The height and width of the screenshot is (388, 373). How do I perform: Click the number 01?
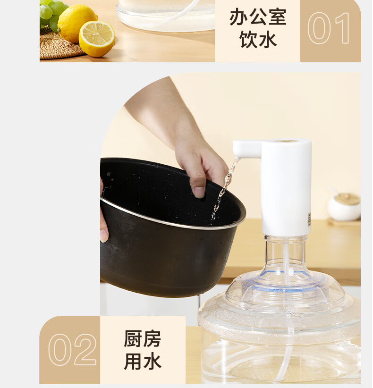coord(329,28)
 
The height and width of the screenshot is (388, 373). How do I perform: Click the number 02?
coord(72,349)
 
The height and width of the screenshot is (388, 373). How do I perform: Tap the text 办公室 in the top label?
coord(258,17)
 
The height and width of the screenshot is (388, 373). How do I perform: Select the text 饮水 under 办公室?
coord(258,39)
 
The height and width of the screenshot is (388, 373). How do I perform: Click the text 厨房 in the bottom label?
coord(143,338)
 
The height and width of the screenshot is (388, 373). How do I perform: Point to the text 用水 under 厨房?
coord(143,361)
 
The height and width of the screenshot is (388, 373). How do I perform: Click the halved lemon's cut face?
coord(97,39)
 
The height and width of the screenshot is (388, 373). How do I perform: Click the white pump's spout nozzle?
coord(237,158)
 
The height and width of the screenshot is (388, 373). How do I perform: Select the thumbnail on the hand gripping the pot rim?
coord(199,192)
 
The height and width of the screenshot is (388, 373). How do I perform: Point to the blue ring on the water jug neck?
coord(285,279)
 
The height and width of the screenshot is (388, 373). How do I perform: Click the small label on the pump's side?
coord(309,219)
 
